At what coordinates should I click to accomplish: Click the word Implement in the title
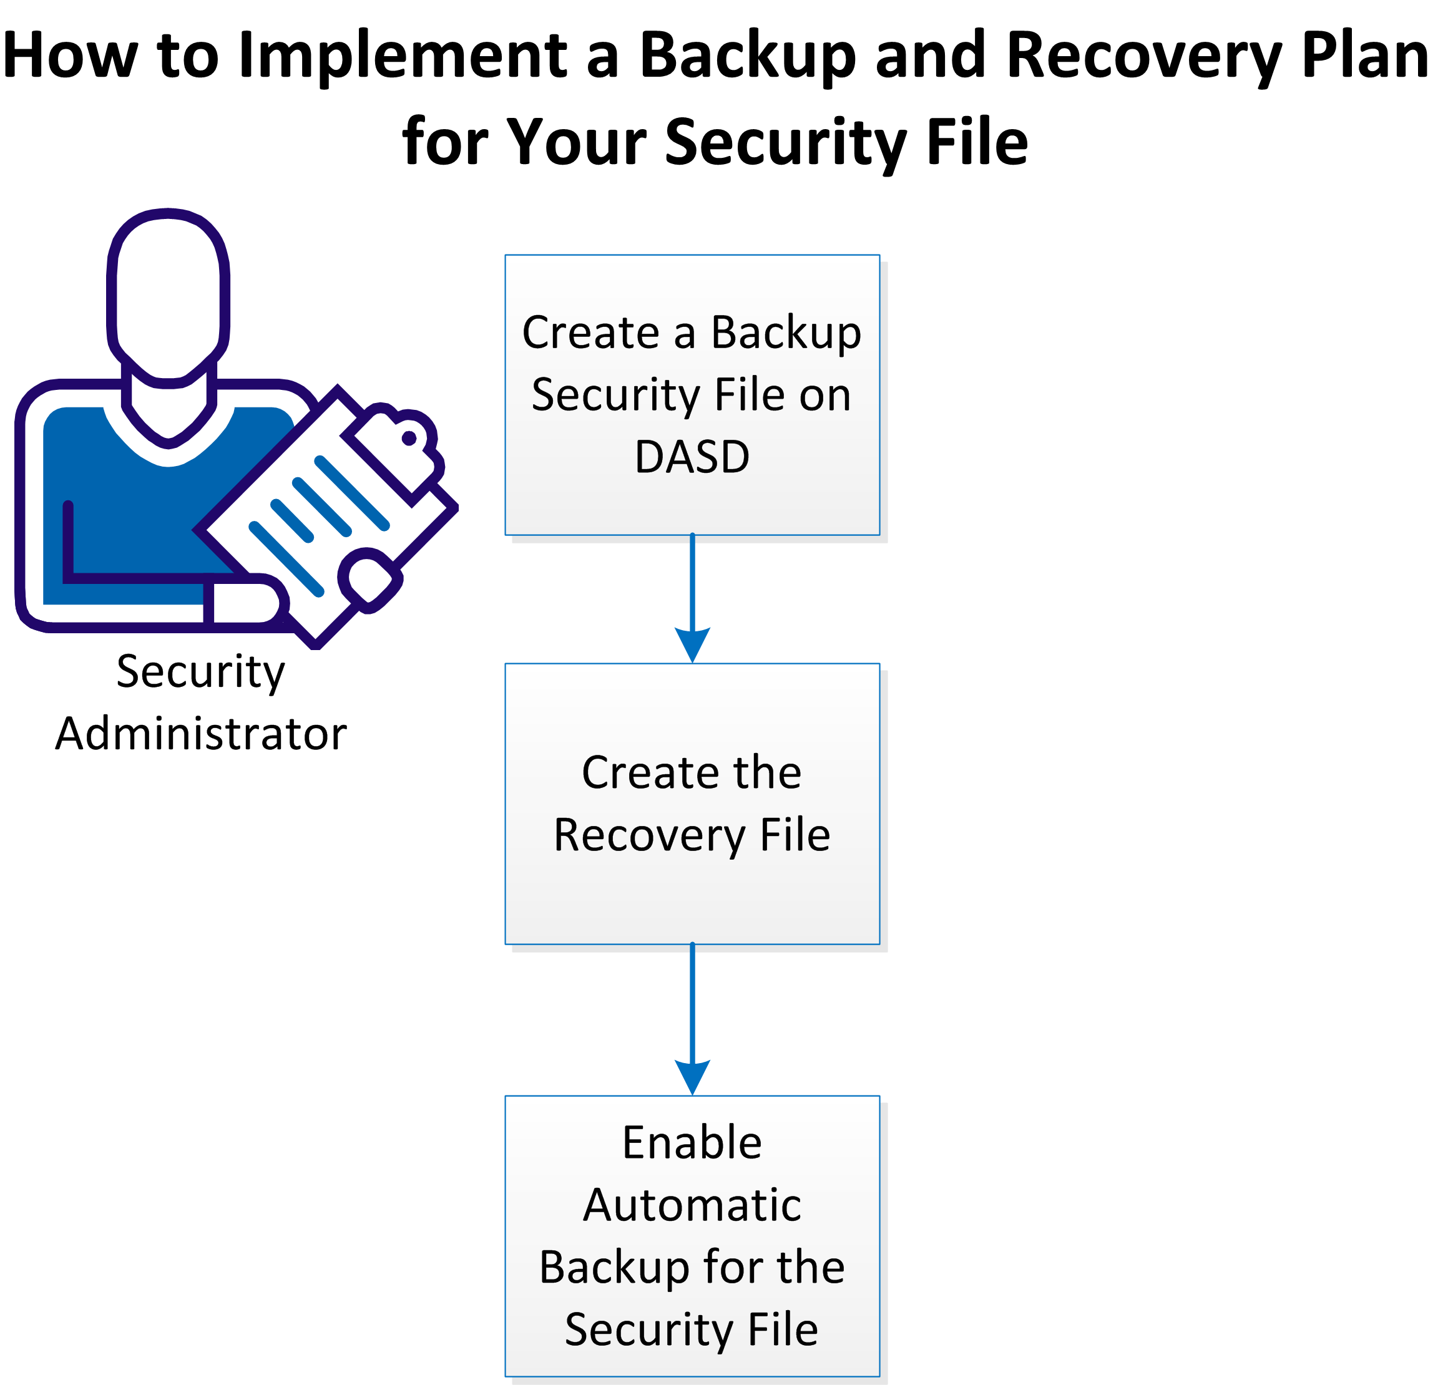403,56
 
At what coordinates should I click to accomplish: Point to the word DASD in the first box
692,457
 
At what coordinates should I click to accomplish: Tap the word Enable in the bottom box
692,1144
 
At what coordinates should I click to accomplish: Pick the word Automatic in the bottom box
692,1205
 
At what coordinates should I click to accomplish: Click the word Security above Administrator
201,672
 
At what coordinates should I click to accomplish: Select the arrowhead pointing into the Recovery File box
692,644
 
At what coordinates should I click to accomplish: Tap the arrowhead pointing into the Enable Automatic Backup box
692,1076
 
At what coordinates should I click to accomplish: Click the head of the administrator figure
169,291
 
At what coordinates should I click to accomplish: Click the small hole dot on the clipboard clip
409,439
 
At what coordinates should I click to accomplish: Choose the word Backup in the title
746,56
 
